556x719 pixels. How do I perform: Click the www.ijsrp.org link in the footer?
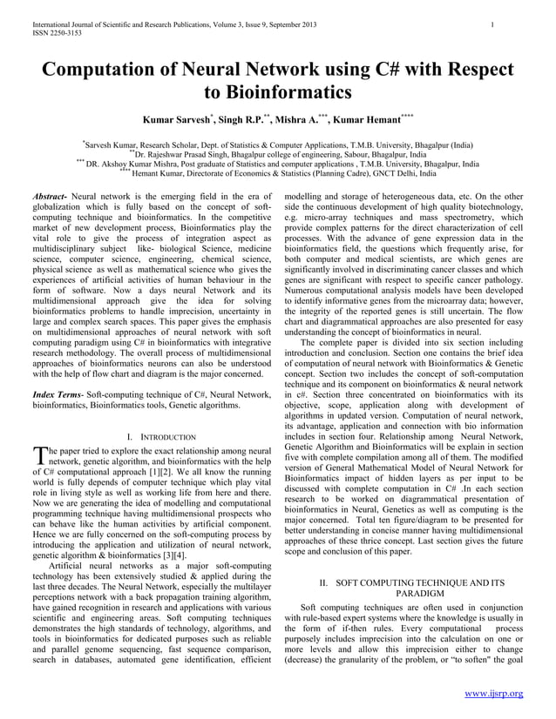click(x=493, y=693)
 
